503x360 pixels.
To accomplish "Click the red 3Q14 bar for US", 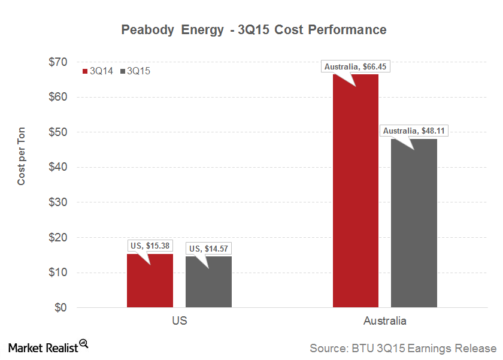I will (150, 282).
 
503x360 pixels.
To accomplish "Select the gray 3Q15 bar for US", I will (208, 283).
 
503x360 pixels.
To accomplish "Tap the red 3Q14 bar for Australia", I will (355, 192).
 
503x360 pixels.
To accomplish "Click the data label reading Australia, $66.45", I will (356, 67).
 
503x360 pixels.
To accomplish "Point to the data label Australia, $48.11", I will (414, 131).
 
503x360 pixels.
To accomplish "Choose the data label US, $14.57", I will (208, 248).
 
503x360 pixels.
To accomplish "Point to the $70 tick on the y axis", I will (57, 62).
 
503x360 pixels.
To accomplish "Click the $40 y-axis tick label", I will (57, 167).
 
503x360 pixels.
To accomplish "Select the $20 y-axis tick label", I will (57, 238).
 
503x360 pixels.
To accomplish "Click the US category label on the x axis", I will (179, 321).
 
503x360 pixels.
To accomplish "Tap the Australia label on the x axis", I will (384, 321).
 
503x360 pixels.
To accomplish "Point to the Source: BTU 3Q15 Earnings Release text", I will (402, 348).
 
